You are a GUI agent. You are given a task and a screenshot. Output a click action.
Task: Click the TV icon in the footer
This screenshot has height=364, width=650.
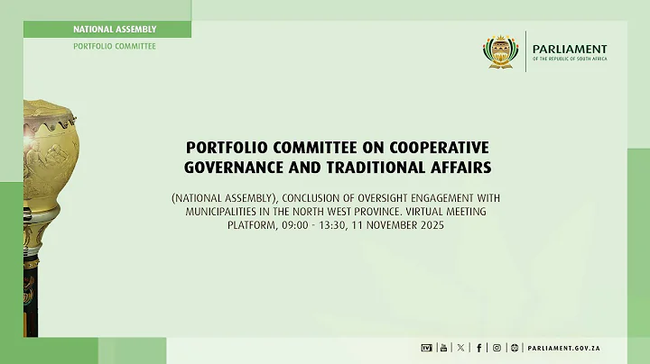427,347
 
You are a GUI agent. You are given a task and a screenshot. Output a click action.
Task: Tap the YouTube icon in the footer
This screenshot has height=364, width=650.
442,347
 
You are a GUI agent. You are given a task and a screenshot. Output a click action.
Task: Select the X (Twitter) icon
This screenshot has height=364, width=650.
460,347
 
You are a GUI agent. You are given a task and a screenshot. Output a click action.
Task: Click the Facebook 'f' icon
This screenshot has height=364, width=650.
478,347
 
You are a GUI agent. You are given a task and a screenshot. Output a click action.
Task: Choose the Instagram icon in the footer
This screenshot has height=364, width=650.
496,347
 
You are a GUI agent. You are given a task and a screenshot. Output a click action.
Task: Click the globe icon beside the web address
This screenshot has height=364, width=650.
515,347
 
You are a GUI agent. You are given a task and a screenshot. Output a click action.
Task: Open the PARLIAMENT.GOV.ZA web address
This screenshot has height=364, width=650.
566,347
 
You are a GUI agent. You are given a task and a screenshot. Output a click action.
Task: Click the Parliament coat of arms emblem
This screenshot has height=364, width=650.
500,52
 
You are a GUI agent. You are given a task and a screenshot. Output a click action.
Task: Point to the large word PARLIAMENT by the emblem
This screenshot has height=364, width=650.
570,49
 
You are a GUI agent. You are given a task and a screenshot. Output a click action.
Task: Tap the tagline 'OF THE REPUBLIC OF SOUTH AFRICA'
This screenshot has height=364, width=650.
570,59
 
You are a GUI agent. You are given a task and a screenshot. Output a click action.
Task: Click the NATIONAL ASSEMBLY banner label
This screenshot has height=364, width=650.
115,30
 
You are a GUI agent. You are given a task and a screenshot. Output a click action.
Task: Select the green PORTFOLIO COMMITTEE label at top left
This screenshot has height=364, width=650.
115,46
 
